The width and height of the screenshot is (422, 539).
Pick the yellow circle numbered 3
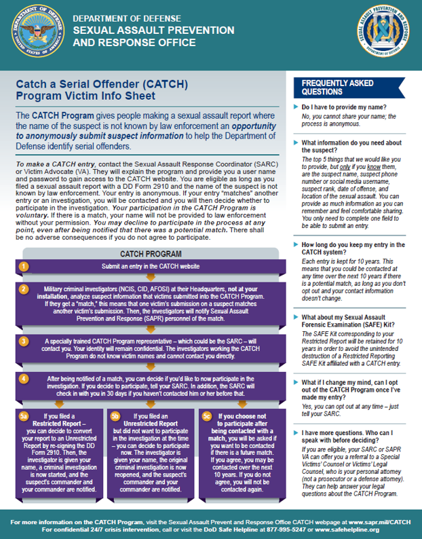(24, 341)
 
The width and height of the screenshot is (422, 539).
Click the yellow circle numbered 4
(24, 378)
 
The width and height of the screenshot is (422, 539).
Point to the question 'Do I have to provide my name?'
(344, 107)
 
